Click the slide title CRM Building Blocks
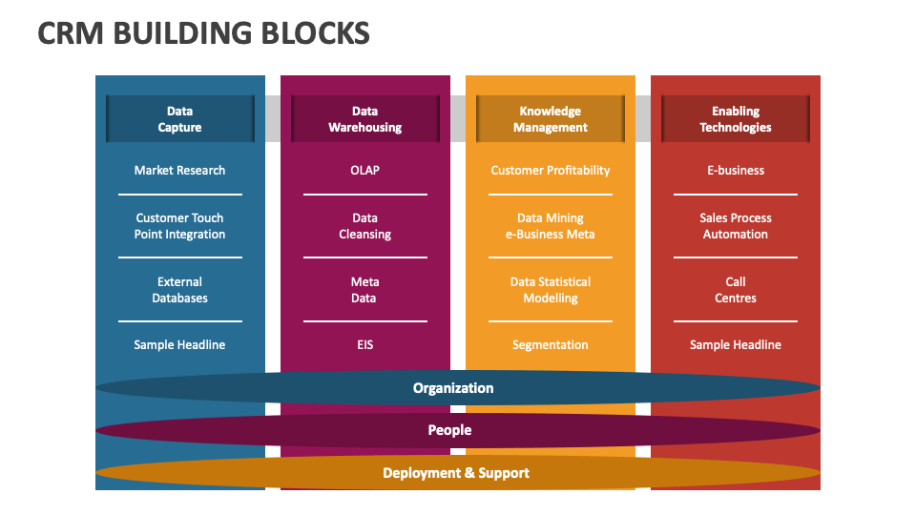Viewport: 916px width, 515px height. coord(203,33)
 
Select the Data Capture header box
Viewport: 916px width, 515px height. coord(180,119)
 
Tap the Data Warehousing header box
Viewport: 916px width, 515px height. coord(365,119)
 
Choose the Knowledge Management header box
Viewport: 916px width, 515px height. coord(551,119)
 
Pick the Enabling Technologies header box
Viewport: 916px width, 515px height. coord(736,119)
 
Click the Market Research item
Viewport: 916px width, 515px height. coord(180,171)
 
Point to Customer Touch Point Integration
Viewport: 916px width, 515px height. coord(180,226)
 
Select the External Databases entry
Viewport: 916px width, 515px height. coord(180,290)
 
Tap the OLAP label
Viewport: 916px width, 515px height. coord(365,171)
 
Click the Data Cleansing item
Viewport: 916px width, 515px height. coord(365,226)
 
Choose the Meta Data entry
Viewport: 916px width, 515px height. coord(365,290)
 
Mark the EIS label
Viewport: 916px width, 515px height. coord(365,345)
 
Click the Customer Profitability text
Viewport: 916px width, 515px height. coord(551,171)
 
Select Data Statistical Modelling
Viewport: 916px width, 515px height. coord(551,290)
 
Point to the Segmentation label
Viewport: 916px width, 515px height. coord(551,345)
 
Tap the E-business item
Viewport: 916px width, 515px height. coord(736,171)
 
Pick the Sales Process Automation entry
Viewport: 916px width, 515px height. coord(736,226)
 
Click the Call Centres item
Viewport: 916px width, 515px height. coord(736,290)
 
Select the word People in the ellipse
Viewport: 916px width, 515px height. coord(449,430)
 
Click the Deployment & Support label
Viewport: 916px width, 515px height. coord(456,473)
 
